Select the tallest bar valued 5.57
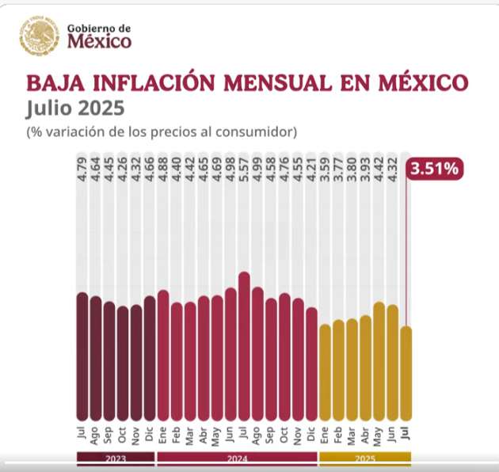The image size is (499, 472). click(244, 348)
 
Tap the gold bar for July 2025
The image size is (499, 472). click(406, 372)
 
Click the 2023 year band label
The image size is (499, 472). click(116, 459)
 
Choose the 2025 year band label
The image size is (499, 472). click(365, 459)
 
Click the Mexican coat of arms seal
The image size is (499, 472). click(38, 36)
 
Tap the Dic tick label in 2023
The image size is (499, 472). click(150, 436)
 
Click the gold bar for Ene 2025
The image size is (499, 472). click(325, 372)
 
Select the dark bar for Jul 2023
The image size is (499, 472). click(82, 356)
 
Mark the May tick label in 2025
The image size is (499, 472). click(379, 436)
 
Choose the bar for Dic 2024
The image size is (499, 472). click(311, 364)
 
